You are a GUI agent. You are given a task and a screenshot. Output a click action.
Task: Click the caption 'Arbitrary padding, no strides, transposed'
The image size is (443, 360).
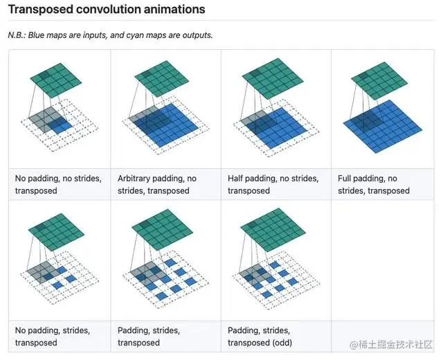pos(157,184)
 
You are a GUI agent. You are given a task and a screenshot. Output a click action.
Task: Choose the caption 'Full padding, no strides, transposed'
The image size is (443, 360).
pos(374,184)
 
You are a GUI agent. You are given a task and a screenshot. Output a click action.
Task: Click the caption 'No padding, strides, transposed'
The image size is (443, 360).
pos(53,336)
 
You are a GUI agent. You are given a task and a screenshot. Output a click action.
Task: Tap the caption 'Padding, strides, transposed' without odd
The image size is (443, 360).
pos(150,336)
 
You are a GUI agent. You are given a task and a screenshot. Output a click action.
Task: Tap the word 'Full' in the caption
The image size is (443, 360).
pos(346,179)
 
